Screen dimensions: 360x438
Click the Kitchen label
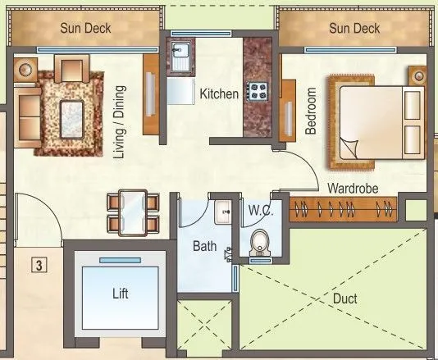coord(219,94)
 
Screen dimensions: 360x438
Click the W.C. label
coord(260,211)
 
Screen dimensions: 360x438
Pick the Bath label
coord(204,246)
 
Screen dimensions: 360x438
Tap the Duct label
coord(345,299)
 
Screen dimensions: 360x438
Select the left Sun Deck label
coord(86,29)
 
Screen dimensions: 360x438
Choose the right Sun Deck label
coord(354,29)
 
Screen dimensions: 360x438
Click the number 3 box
coord(38,264)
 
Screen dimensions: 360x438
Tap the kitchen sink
coord(180,55)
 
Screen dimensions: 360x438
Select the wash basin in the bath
coord(222,212)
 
